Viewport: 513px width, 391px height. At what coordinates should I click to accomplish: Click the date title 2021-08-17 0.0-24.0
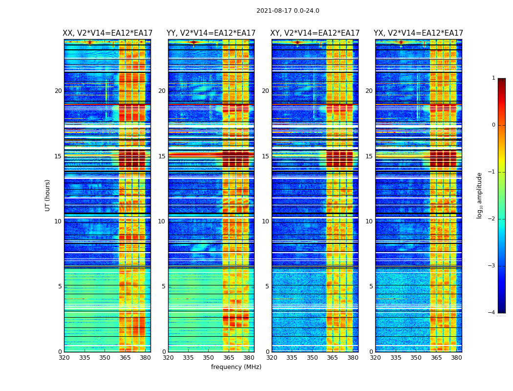(x=288, y=11)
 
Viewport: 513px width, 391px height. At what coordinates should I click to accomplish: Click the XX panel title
(x=107, y=33)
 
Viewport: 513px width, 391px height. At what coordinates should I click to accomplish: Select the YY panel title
(x=211, y=33)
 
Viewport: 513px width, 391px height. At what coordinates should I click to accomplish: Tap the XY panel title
(x=315, y=33)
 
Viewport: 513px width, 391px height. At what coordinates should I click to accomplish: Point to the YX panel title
(x=418, y=33)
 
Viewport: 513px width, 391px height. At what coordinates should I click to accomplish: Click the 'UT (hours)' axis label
(x=48, y=195)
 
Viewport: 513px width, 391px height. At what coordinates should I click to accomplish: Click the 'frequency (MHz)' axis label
(x=236, y=367)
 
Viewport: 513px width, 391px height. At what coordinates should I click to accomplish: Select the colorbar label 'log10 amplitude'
(x=480, y=195)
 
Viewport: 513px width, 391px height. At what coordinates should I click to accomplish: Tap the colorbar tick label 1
(x=493, y=78)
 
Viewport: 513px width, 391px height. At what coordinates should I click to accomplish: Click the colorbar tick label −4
(x=492, y=313)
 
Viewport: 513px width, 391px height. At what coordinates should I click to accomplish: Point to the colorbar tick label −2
(x=492, y=219)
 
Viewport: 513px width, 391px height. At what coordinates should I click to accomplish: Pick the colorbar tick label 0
(x=493, y=125)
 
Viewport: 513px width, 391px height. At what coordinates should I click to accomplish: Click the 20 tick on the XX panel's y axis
(x=58, y=91)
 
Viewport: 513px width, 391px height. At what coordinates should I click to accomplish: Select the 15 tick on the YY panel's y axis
(x=162, y=156)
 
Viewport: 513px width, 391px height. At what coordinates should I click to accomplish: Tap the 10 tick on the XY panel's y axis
(x=265, y=221)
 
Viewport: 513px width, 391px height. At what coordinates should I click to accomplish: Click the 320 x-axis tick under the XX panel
(x=64, y=357)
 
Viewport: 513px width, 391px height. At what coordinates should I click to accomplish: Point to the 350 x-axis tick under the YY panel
(x=209, y=357)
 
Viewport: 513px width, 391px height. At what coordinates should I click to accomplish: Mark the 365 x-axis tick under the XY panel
(x=333, y=357)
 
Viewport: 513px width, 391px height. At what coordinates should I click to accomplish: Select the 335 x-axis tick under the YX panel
(x=396, y=357)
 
